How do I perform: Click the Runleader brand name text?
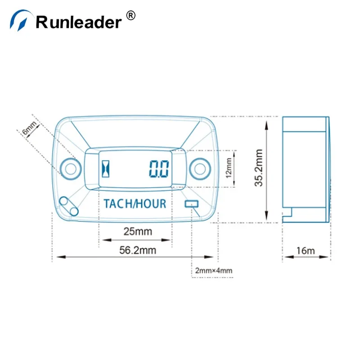click(x=78, y=21)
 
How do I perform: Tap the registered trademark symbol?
click(x=130, y=16)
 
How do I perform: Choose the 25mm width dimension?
click(x=138, y=232)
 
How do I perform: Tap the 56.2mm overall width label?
click(x=138, y=251)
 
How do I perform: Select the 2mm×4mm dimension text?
click(x=214, y=271)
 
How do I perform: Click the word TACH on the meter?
click(x=118, y=203)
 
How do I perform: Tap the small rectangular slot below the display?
click(x=191, y=204)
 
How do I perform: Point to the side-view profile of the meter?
click(x=306, y=169)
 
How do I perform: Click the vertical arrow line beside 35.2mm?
click(x=268, y=169)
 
